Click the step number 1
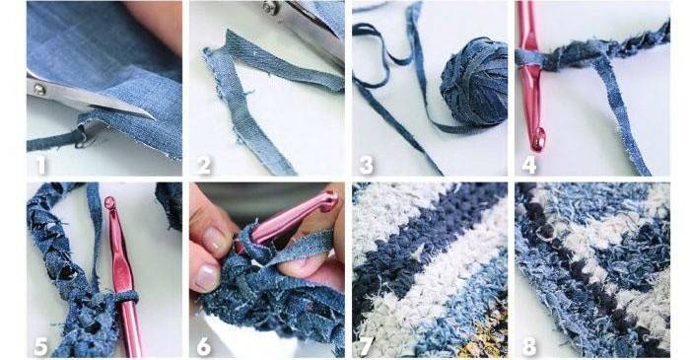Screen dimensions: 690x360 click(41, 165)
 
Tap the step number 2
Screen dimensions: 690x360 click(204, 165)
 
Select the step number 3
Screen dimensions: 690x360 click(366, 165)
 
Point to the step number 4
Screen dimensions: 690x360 click(529, 165)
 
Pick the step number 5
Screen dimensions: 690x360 click(40, 347)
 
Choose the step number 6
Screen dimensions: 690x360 click(204, 347)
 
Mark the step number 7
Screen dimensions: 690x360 click(366, 347)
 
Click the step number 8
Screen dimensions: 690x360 click(529, 347)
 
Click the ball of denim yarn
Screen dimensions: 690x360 click(473, 84)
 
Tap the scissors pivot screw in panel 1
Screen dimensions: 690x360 click(40, 90)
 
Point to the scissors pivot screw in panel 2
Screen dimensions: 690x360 click(270, 8)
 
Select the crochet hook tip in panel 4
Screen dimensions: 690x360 click(538, 139)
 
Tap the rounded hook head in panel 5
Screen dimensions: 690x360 click(110, 203)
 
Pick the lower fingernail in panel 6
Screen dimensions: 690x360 click(206, 277)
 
